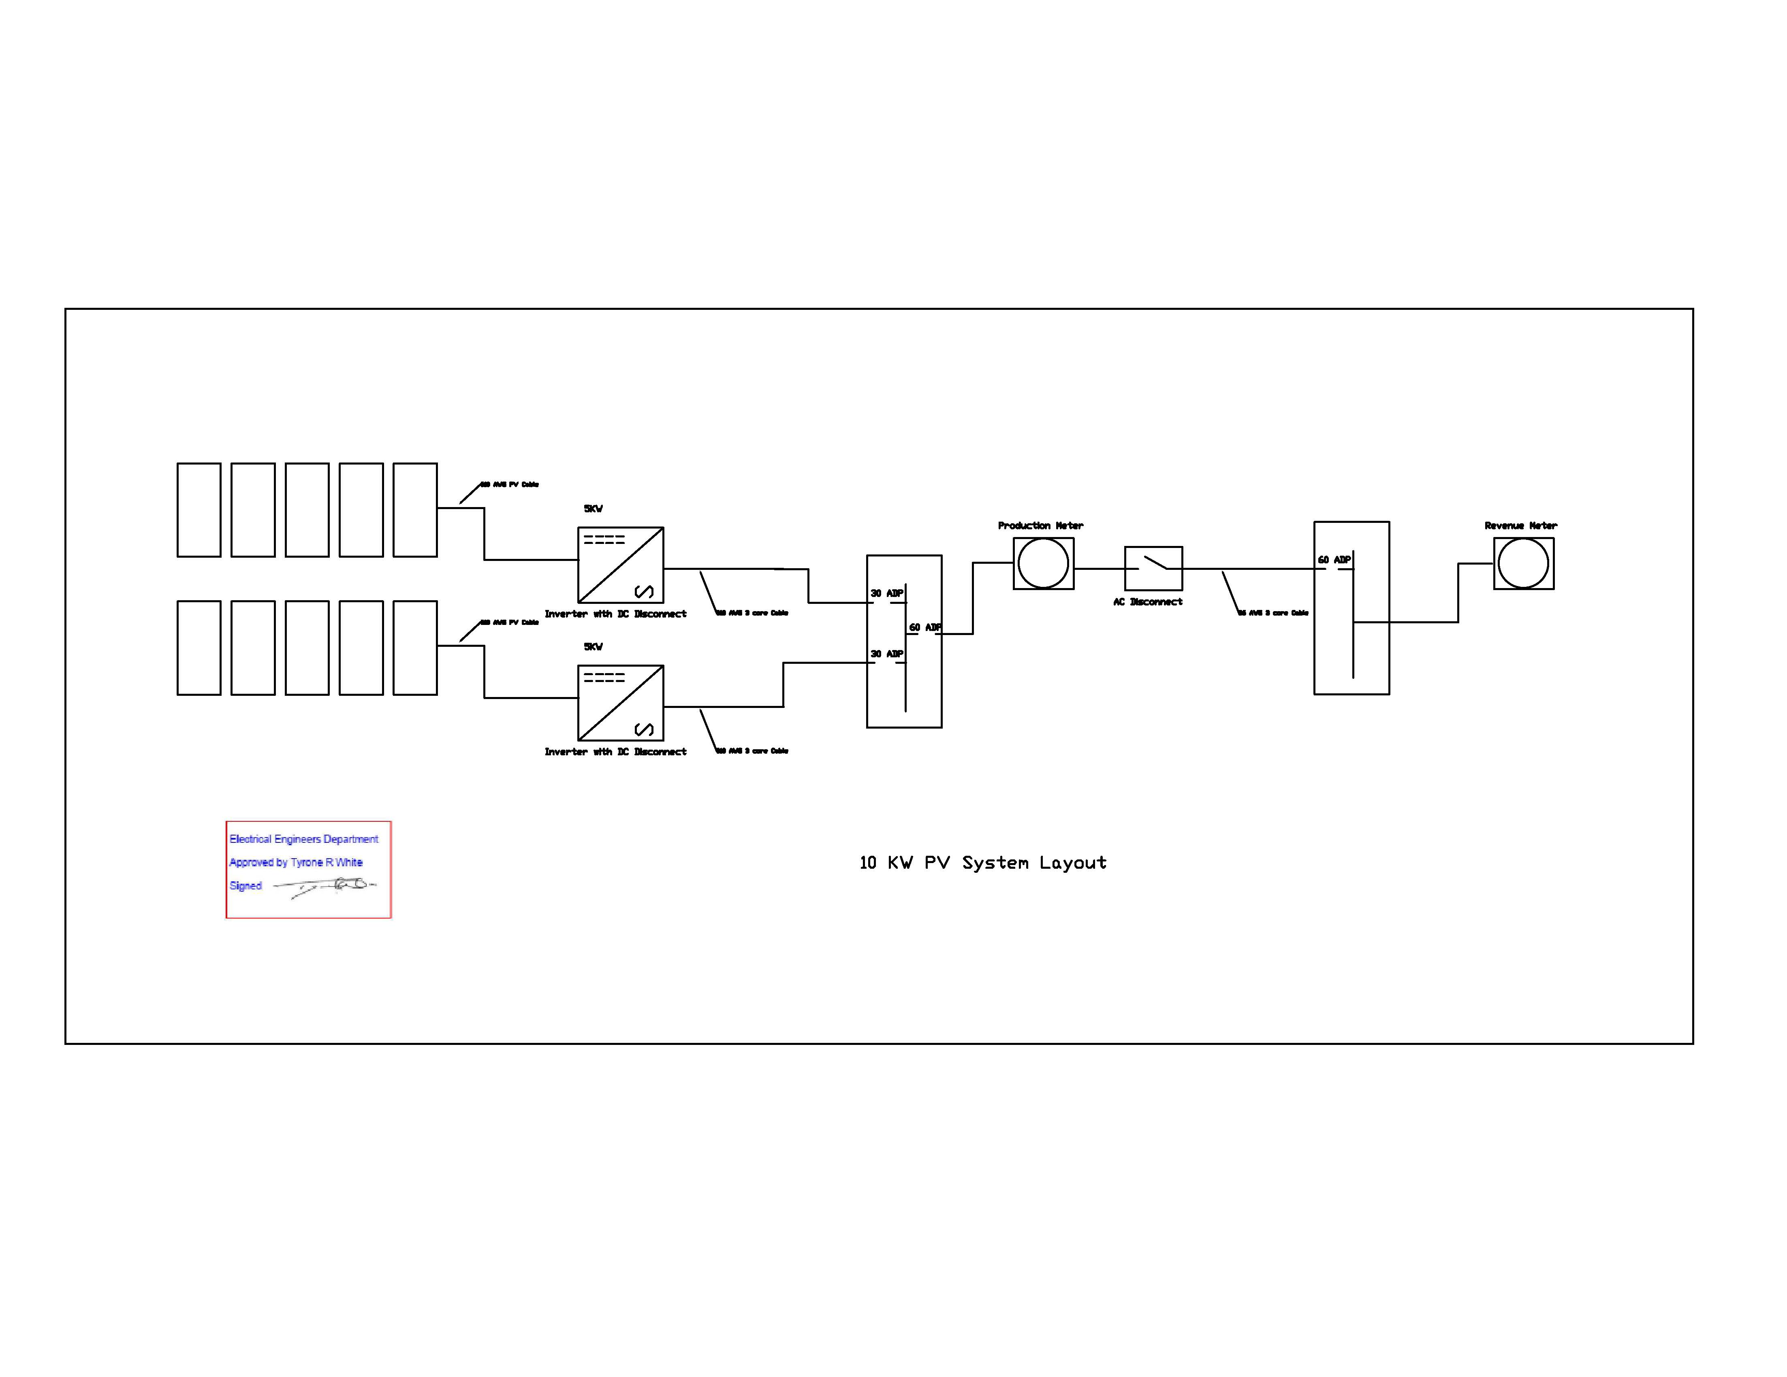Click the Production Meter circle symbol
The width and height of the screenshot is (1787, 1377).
pyautogui.click(x=1043, y=564)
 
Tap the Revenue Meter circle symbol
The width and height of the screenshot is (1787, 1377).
pyautogui.click(x=1524, y=564)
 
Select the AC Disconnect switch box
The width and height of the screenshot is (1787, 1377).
pyautogui.click(x=1154, y=568)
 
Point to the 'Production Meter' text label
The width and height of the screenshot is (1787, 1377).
pyautogui.click(x=1040, y=525)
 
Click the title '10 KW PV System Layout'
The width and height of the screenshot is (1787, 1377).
pyautogui.click(x=983, y=862)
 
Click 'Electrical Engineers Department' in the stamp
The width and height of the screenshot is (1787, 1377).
pyautogui.click(x=303, y=840)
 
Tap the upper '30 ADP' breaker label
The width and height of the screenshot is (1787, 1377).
pyautogui.click(x=887, y=593)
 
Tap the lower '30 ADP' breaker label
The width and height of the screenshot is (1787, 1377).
pyautogui.click(x=887, y=654)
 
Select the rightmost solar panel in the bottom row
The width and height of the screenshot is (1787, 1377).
pyautogui.click(x=415, y=648)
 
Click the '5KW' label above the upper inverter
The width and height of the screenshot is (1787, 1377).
pyautogui.click(x=593, y=509)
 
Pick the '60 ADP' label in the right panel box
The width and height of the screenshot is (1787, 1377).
pyautogui.click(x=1334, y=560)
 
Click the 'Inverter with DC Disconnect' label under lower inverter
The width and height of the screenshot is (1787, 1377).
pyautogui.click(x=615, y=752)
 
